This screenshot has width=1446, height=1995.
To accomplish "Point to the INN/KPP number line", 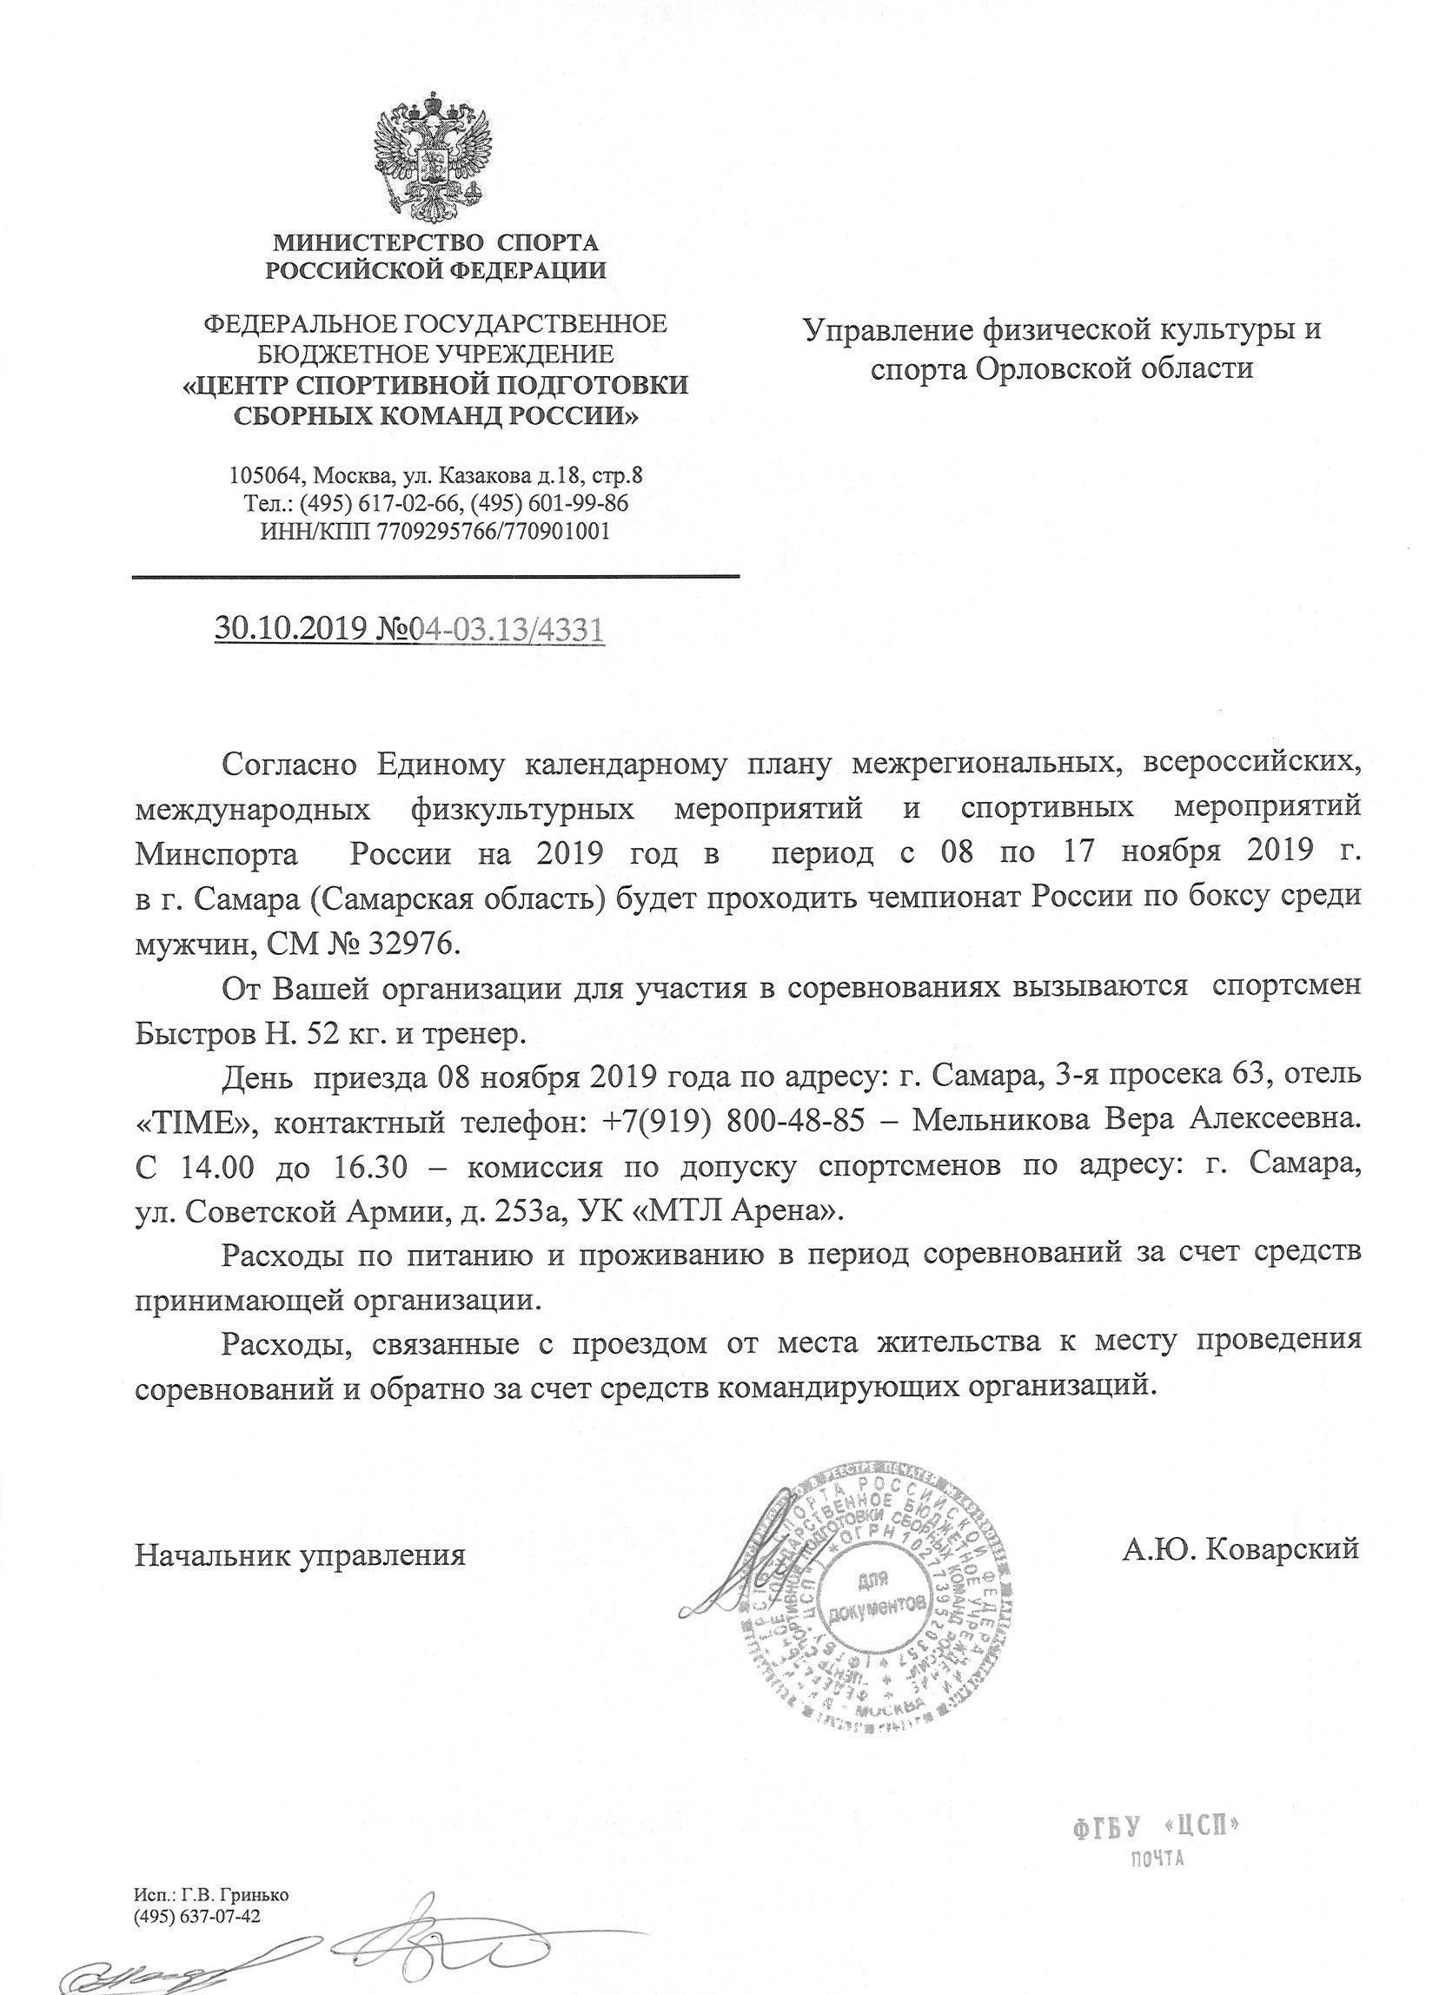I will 434,531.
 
